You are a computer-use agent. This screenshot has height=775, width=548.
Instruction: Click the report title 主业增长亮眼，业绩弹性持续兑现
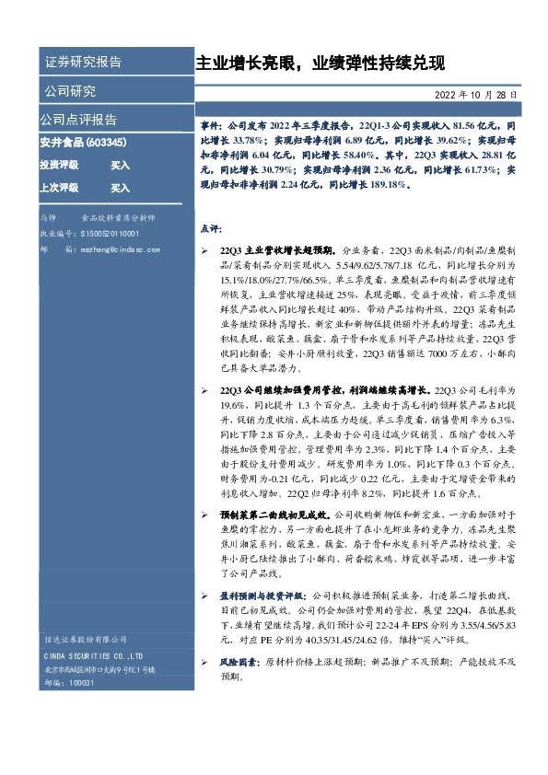[320, 64]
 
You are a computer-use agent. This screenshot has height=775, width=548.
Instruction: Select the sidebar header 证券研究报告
[83, 63]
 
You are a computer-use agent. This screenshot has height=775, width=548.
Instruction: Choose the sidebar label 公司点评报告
[78, 120]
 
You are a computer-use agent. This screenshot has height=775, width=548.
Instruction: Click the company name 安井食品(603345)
[84, 144]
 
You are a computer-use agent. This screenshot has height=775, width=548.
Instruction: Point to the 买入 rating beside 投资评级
[121, 165]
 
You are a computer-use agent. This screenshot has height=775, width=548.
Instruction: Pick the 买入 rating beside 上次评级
[121, 187]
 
